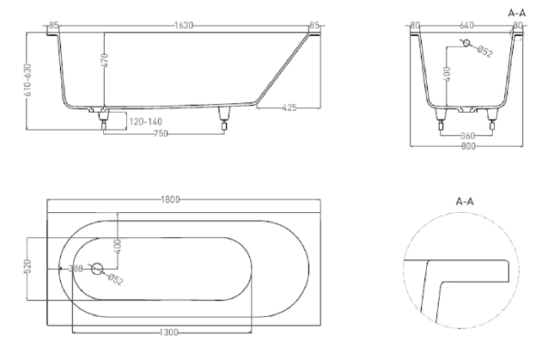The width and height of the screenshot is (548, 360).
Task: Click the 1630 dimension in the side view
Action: [184, 26]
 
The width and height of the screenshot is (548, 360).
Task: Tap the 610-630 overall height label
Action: [28, 81]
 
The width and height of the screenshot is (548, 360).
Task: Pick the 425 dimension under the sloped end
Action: [289, 107]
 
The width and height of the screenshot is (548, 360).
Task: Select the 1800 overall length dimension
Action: [170, 200]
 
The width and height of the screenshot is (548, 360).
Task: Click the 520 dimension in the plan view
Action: [28, 268]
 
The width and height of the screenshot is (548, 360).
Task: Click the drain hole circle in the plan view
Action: [96, 269]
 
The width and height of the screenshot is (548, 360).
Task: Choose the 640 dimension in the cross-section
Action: [467, 26]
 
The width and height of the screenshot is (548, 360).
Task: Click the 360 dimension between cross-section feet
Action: [466, 135]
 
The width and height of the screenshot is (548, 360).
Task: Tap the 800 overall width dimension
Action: [467, 146]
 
